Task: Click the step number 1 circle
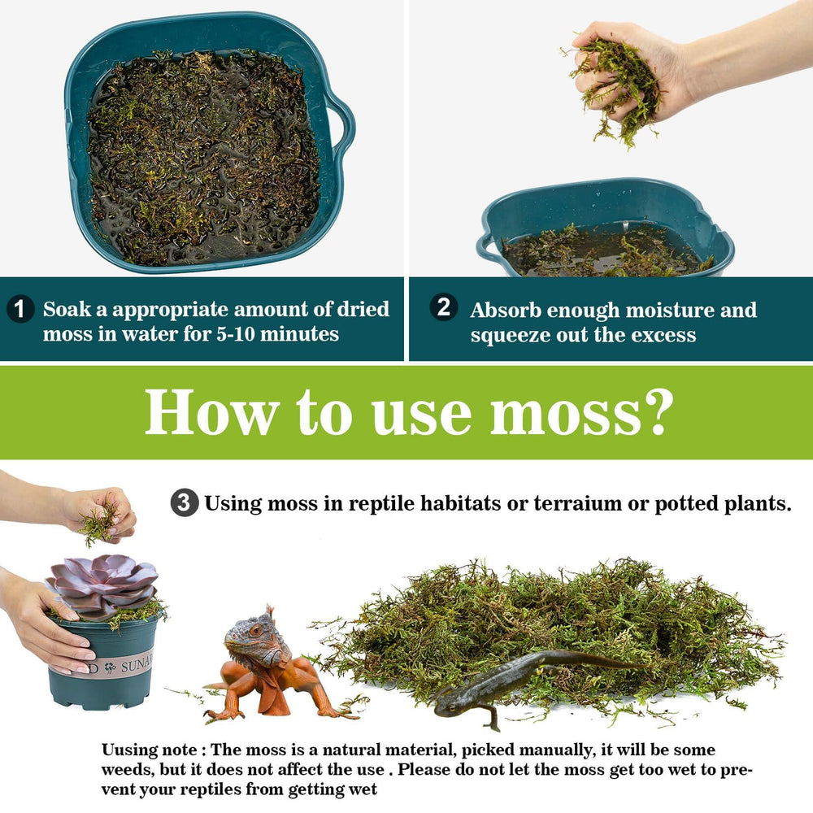click(x=20, y=310)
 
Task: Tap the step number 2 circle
click(x=443, y=307)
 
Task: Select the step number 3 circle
click(x=184, y=503)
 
